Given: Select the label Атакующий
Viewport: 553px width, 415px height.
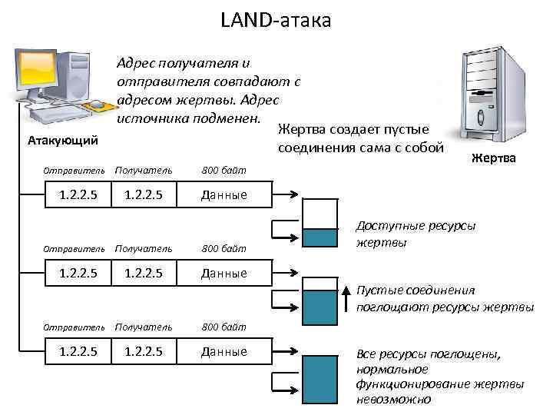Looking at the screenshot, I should pyautogui.click(x=62, y=140).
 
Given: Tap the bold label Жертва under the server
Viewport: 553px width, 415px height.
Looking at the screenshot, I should pyautogui.click(x=494, y=158).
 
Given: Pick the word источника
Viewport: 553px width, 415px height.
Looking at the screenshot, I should pyautogui.click(x=151, y=118).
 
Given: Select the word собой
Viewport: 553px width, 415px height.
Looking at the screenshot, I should pyautogui.click(x=420, y=148).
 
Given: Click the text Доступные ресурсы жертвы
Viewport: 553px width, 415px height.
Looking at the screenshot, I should pyautogui.click(x=415, y=234).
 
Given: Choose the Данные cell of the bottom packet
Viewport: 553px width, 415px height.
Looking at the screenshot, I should pyautogui.click(x=224, y=352).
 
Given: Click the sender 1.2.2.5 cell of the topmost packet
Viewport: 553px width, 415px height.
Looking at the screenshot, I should pyautogui.click(x=78, y=194).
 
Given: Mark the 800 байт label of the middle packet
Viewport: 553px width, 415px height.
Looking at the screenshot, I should pyautogui.click(x=224, y=249).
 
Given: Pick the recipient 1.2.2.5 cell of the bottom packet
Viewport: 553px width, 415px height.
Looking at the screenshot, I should pyautogui.click(x=144, y=352).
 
